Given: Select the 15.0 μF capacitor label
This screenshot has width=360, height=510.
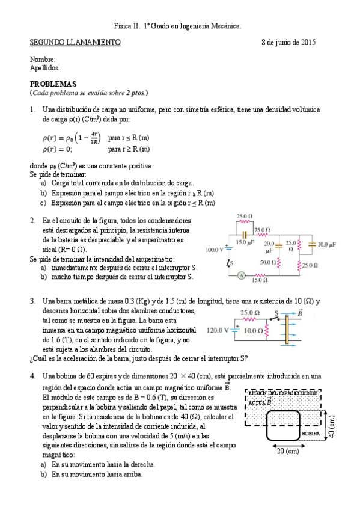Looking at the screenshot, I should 246,242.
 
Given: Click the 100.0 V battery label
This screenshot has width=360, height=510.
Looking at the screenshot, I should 215,248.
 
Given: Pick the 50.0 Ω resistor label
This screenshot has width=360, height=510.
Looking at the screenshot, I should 268,262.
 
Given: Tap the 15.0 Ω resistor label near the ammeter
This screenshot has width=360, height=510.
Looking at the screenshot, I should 259,280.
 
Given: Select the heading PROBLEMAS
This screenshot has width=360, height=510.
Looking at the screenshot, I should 53,84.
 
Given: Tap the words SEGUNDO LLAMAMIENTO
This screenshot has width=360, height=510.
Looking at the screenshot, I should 75,43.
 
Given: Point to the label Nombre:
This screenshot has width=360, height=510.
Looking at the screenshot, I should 43,59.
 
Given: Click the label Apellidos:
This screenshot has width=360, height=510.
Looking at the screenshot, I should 44,68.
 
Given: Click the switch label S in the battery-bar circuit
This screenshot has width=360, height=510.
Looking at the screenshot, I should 276,313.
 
